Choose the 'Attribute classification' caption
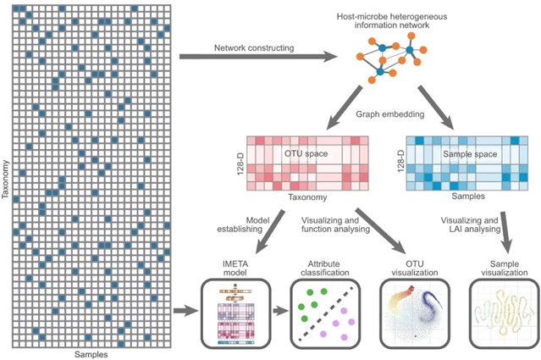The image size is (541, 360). [322, 269]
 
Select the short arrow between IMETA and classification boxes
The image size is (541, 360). [276, 313]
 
